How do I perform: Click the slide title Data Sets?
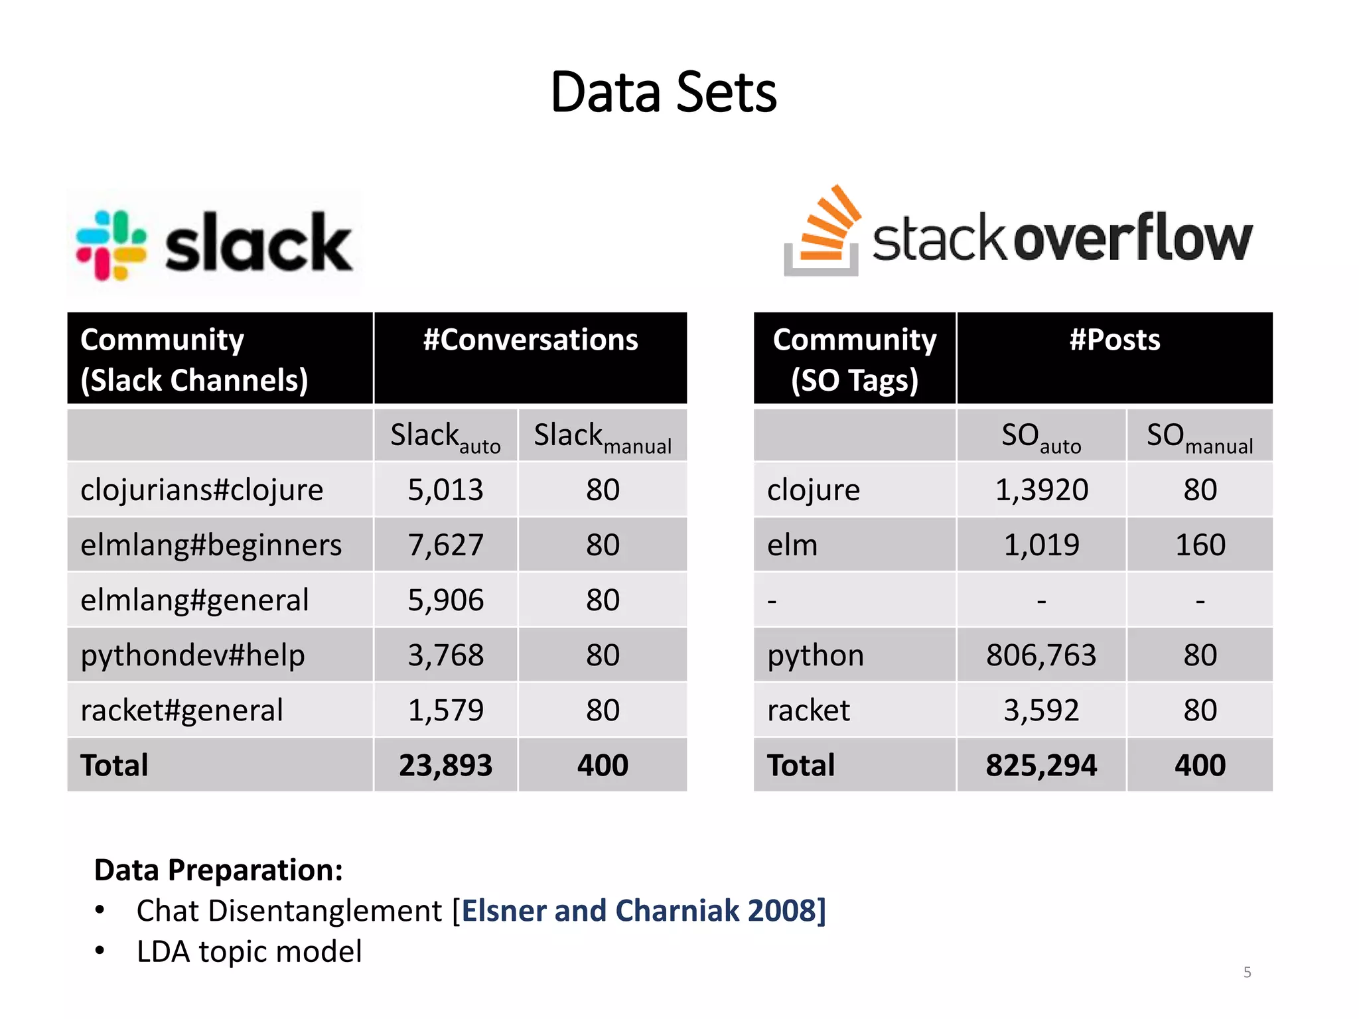[x=663, y=93]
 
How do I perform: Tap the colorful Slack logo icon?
[x=111, y=245]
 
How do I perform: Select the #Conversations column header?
[x=530, y=340]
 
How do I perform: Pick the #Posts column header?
[x=1114, y=340]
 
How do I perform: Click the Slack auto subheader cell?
[x=445, y=437]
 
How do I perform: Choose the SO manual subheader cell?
[x=1200, y=437]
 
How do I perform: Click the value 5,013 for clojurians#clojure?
[x=445, y=490]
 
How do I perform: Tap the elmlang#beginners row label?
[x=211, y=545]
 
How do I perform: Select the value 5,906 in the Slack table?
[x=445, y=600]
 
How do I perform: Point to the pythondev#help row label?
[x=192, y=655]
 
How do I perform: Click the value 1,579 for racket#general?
[x=445, y=711]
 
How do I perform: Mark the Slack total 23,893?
[x=445, y=766]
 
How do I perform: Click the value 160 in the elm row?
[x=1200, y=545]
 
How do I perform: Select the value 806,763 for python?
[x=1040, y=655]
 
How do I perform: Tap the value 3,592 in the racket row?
[x=1040, y=711]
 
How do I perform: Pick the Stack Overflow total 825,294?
[x=1040, y=766]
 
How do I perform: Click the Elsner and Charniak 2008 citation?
[x=642, y=911]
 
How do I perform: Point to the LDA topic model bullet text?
[x=249, y=952]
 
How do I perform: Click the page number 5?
[x=1247, y=973]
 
